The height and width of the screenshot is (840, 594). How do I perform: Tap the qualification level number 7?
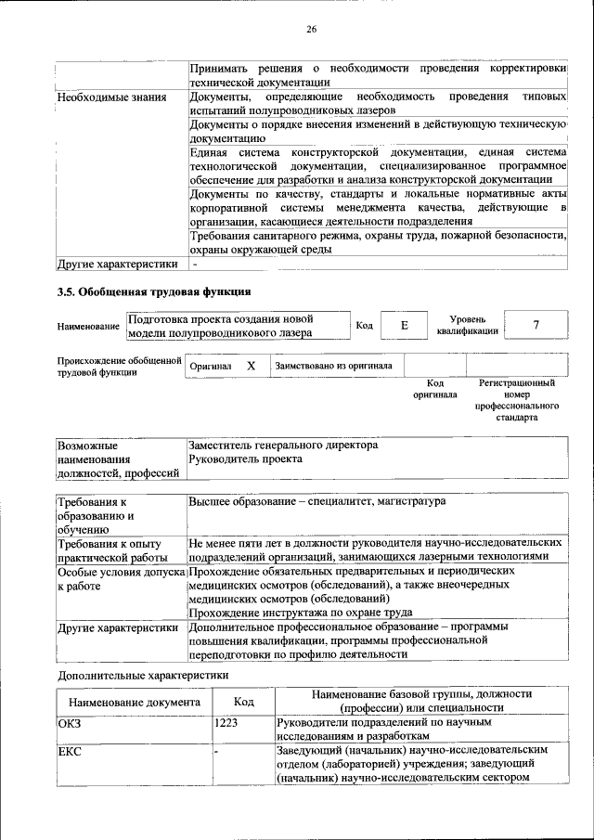[536, 325]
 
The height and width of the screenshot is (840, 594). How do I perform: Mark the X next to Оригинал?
[251, 367]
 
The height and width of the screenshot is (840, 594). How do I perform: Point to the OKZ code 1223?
[226, 721]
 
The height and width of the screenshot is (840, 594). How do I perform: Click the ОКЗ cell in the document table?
[71, 721]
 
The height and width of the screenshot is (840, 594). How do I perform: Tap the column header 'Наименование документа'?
[134, 702]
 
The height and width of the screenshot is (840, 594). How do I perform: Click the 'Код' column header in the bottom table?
[243, 702]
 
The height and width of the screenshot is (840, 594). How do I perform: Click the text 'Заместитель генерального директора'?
[283, 446]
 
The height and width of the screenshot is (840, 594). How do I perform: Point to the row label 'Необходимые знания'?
[111, 97]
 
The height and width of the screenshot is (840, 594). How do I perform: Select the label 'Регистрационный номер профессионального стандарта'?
[517, 400]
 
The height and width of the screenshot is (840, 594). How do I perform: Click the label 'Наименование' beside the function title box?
[88, 327]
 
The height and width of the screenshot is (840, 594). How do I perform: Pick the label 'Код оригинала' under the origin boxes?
[435, 389]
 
